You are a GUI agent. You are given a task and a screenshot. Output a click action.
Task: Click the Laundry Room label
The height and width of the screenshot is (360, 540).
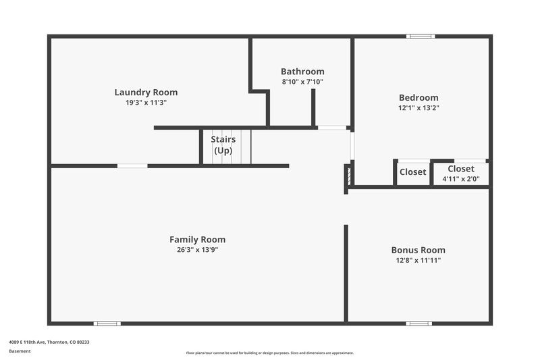[146, 93]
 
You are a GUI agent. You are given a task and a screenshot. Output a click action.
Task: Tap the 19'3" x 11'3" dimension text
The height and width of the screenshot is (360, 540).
[146, 103]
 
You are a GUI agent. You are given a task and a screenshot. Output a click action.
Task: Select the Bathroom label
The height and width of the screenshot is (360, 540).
[302, 72]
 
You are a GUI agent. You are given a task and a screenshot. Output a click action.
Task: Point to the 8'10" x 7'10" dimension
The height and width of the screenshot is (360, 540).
[302, 82]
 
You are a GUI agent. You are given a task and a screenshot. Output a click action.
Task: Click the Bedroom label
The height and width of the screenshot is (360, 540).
[418, 97]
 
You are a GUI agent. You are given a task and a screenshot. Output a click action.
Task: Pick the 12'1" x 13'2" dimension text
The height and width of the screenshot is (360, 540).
[418, 107]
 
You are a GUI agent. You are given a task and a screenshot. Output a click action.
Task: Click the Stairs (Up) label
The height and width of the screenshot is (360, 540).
[223, 145]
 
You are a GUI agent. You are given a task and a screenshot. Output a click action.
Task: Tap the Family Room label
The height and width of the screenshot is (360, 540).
[197, 240]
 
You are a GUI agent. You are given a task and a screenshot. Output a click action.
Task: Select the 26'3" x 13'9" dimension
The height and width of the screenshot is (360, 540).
[197, 250]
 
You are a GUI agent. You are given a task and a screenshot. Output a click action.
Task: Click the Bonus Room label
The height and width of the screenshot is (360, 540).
[418, 250]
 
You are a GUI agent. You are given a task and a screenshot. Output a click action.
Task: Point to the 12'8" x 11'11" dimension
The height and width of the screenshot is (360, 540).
[418, 260]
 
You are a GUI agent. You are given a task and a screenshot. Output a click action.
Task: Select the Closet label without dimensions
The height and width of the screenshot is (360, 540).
[413, 172]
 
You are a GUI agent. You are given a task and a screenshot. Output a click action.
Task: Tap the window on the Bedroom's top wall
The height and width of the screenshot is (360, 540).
[421, 36]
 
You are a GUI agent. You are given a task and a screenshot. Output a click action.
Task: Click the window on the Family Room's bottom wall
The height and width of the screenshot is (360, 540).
[107, 324]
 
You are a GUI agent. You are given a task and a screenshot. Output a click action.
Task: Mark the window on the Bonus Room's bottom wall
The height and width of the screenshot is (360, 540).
[418, 324]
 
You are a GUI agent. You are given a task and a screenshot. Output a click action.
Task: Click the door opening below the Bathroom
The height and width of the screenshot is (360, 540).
[331, 127]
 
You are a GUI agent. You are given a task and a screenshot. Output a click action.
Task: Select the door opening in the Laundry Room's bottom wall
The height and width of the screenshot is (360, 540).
[132, 165]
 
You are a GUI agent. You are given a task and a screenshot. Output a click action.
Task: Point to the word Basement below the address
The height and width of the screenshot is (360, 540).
[20, 352]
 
